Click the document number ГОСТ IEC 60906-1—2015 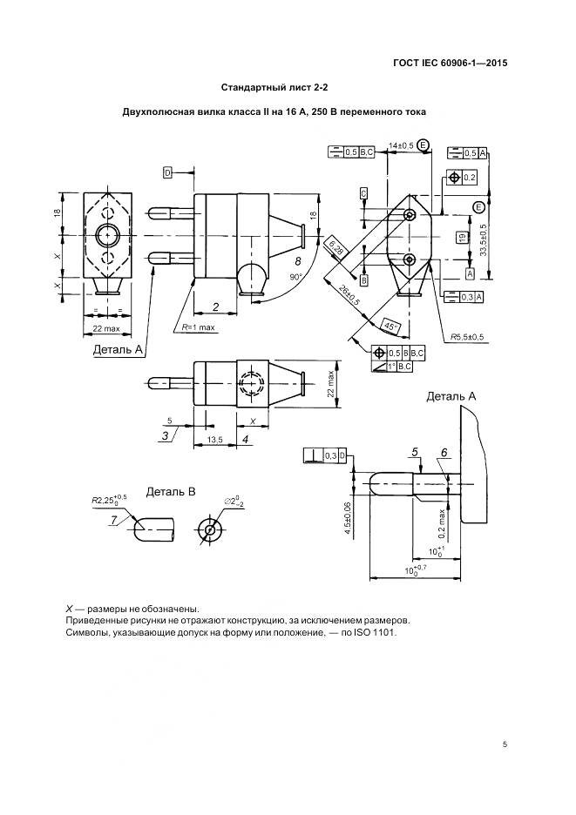pyautogui.click(x=450, y=63)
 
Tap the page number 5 pyautogui.click(x=505, y=744)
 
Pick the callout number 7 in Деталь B pyautogui.click(x=114, y=521)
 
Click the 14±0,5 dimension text pyautogui.click(x=401, y=145)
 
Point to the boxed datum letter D pyautogui.click(x=167, y=172)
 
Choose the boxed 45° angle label pyautogui.click(x=391, y=326)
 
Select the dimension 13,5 pyautogui.click(x=216, y=441)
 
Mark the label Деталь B pyautogui.click(x=171, y=492)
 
